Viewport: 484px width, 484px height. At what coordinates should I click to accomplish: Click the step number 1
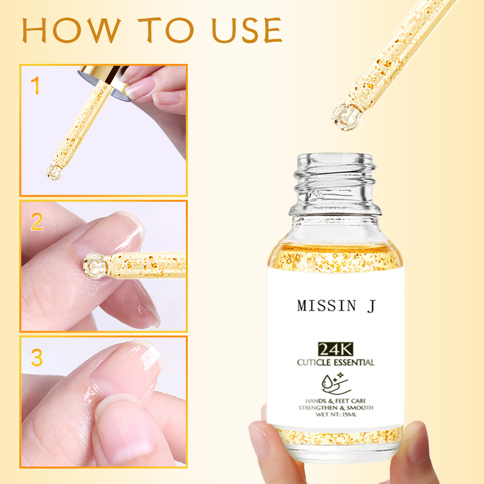click(35, 86)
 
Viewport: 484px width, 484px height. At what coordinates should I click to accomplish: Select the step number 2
click(37, 221)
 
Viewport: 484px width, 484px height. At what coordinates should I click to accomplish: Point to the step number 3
click(37, 357)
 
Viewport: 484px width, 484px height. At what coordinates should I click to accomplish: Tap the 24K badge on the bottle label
click(335, 348)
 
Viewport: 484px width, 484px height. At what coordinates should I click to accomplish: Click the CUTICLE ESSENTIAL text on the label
click(335, 362)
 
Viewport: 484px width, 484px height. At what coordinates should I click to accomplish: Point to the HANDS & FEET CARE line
click(335, 401)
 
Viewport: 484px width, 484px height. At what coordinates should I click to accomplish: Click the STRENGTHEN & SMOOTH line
click(335, 408)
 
